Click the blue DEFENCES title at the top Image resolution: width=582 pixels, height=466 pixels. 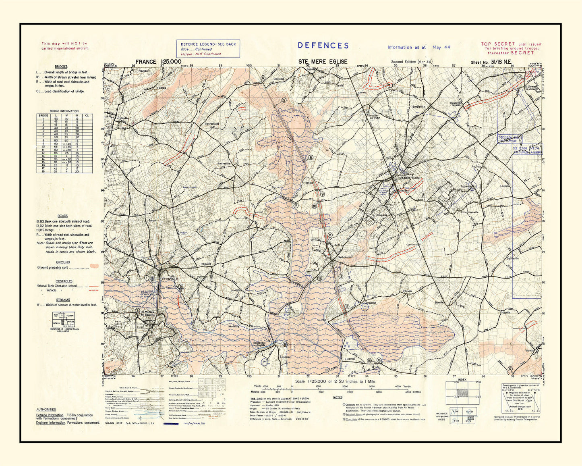323,46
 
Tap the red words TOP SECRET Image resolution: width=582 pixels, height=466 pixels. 498,44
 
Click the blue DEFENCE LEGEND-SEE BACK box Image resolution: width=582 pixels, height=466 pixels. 208,48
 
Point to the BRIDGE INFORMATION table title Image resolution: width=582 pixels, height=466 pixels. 64,111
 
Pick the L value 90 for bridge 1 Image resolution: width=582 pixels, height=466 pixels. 56,119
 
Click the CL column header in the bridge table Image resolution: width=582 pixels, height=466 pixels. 87,115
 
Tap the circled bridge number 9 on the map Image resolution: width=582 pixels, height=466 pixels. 322,194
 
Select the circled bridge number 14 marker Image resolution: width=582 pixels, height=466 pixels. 346,307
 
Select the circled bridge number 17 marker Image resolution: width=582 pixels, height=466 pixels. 510,368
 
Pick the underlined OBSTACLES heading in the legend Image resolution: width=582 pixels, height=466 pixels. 64,281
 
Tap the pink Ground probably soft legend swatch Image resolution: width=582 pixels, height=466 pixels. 94,266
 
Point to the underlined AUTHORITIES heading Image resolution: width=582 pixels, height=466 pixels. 46,410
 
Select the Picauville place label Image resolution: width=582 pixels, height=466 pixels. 206,264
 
